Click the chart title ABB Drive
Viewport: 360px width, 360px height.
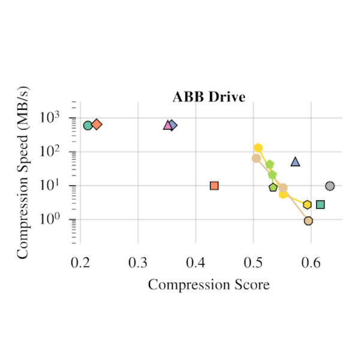(x=209, y=97)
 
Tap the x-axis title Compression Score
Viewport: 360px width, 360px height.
(x=208, y=284)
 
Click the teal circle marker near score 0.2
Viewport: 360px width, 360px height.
(x=88, y=125)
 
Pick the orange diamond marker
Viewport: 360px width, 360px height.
(x=97, y=124)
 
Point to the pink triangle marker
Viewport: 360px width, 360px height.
(x=168, y=125)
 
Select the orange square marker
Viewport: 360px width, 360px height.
(x=214, y=185)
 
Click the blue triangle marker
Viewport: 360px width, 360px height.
(x=295, y=161)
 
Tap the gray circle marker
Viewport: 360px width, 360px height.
(x=329, y=186)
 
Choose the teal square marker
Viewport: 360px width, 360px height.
(x=320, y=205)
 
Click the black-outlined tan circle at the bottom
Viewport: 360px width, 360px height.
(x=308, y=221)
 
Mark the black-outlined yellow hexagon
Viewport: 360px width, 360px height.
(x=307, y=205)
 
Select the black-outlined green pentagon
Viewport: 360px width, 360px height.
(x=274, y=187)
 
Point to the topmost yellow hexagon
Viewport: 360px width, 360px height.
(x=258, y=148)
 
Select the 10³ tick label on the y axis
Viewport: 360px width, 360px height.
(x=57, y=117)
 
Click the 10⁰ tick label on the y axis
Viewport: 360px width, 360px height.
(x=57, y=220)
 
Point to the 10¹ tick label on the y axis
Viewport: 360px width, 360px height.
(x=57, y=185)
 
